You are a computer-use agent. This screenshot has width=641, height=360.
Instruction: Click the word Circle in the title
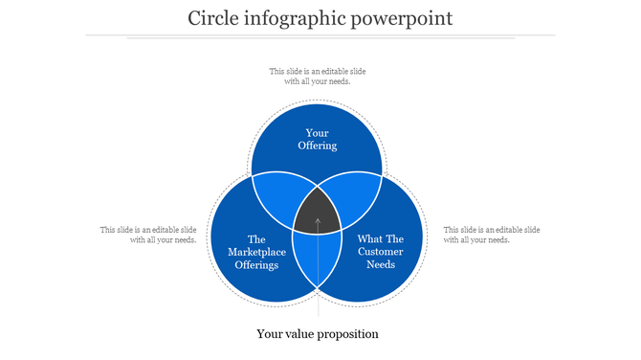click(211, 18)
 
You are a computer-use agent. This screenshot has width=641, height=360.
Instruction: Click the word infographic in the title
click(291, 18)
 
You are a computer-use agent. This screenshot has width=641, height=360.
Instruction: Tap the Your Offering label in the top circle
click(317, 139)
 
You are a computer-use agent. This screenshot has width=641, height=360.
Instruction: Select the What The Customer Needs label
click(381, 252)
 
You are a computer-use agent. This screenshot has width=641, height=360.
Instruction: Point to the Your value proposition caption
click(318, 334)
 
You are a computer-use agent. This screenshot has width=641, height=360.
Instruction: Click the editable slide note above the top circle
click(318, 76)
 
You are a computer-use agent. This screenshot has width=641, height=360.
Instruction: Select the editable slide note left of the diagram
click(149, 235)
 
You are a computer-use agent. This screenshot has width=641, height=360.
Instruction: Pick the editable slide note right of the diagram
click(492, 235)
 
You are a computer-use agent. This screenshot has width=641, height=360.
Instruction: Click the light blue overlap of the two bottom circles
click(318, 259)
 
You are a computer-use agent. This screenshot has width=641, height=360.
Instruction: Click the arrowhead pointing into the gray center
click(318, 222)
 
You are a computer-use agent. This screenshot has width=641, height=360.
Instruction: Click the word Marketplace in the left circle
click(256, 252)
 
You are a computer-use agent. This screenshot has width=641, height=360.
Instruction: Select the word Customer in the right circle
click(381, 252)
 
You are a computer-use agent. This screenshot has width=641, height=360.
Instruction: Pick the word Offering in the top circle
click(317, 146)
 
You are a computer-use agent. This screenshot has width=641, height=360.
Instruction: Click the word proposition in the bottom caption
click(345, 335)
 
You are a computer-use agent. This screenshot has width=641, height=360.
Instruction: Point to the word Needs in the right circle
click(381, 264)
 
